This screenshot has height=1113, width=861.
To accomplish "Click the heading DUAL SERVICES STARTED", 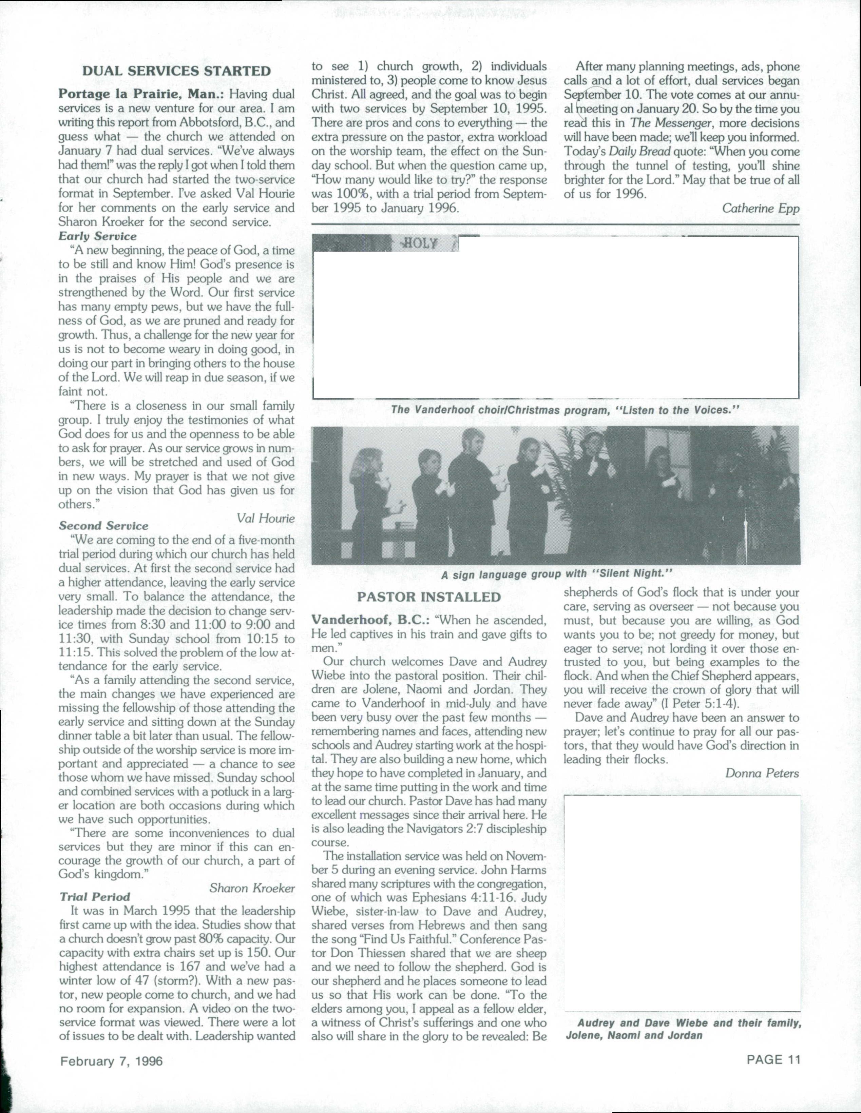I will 176,71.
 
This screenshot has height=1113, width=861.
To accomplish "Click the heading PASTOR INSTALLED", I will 429,597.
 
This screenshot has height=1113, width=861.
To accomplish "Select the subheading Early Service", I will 97,236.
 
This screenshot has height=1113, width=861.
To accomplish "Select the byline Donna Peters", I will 762,773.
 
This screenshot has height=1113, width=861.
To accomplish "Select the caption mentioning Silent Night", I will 556,574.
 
